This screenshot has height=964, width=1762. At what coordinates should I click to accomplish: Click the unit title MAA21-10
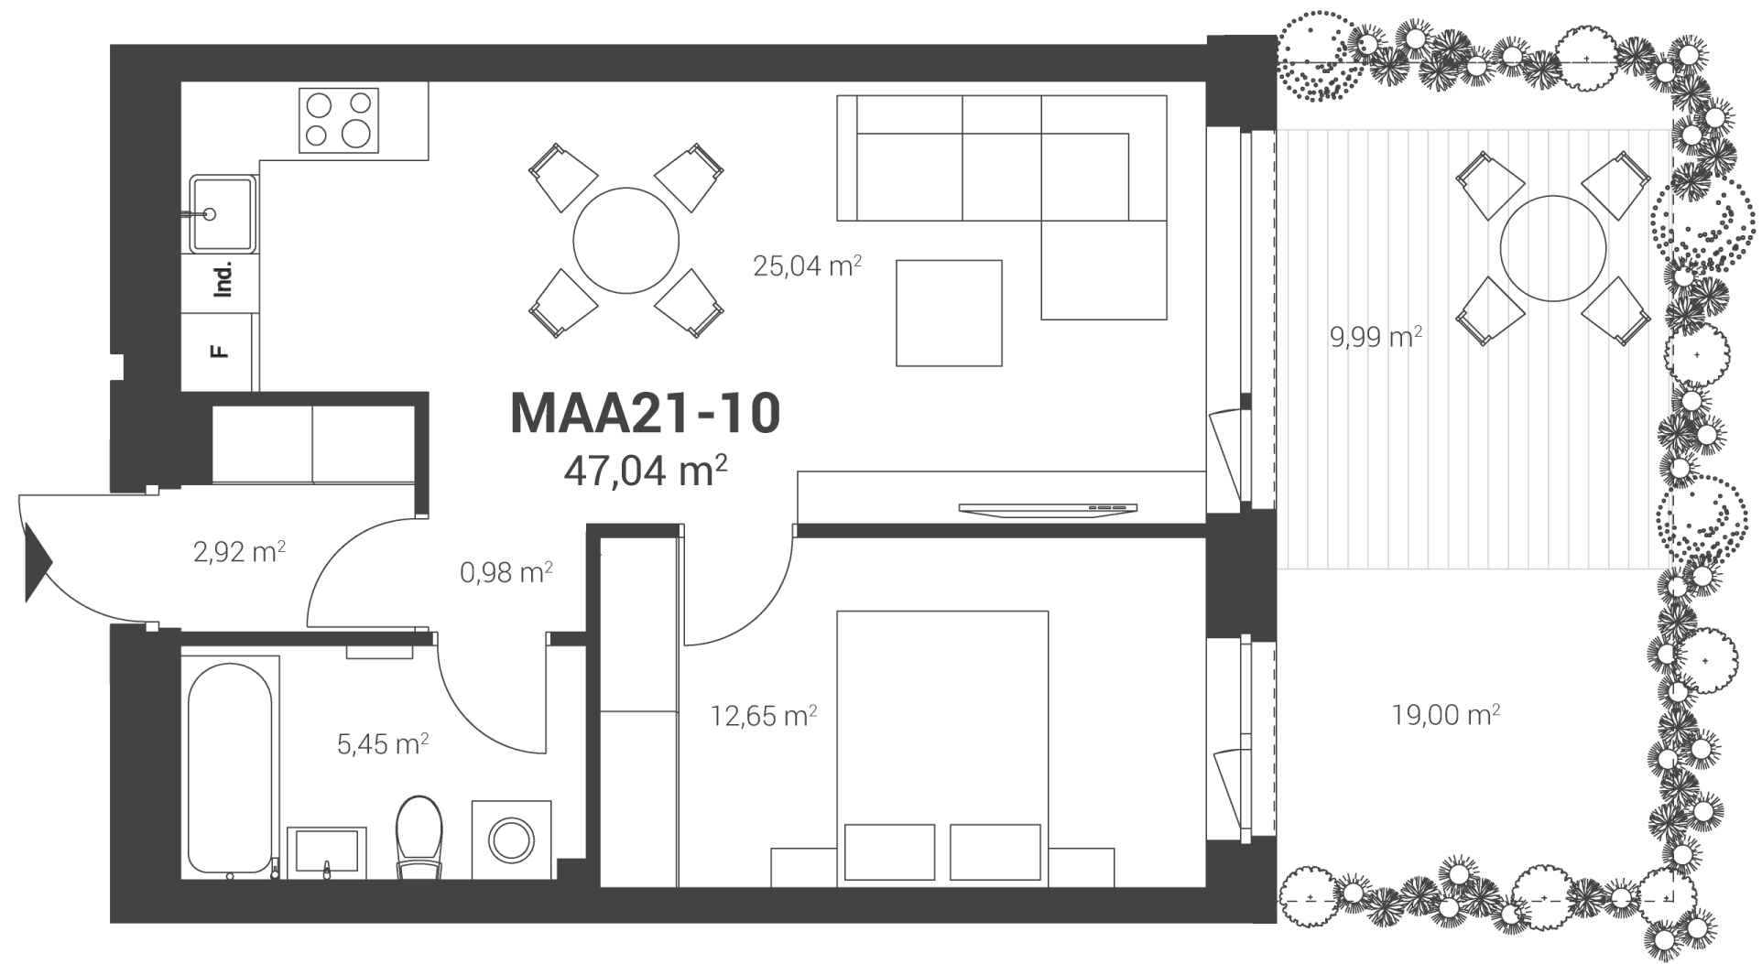[645, 413]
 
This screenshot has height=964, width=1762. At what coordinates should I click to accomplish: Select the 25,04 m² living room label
[807, 265]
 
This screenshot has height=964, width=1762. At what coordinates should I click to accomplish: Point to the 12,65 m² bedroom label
[764, 715]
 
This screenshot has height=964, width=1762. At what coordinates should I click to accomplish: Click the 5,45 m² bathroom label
[383, 743]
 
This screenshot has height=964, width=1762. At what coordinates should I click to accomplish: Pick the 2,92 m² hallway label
[239, 552]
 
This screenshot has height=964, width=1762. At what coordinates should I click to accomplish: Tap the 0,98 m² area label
[506, 573]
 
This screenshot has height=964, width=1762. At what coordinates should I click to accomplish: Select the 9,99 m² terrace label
[1376, 337]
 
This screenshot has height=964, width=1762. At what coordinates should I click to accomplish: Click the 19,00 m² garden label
[1445, 714]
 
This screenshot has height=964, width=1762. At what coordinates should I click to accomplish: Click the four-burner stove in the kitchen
[339, 120]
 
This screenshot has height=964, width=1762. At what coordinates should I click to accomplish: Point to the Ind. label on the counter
[223, 278]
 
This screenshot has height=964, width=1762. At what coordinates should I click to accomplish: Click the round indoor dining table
[626, 241]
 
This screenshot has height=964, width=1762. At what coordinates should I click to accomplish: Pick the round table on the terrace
[1553, 248]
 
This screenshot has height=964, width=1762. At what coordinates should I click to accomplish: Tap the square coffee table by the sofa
[950, 313]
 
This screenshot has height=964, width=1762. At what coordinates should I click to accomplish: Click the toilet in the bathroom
[419, 837]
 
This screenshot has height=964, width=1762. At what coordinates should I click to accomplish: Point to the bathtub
[230, 764]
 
